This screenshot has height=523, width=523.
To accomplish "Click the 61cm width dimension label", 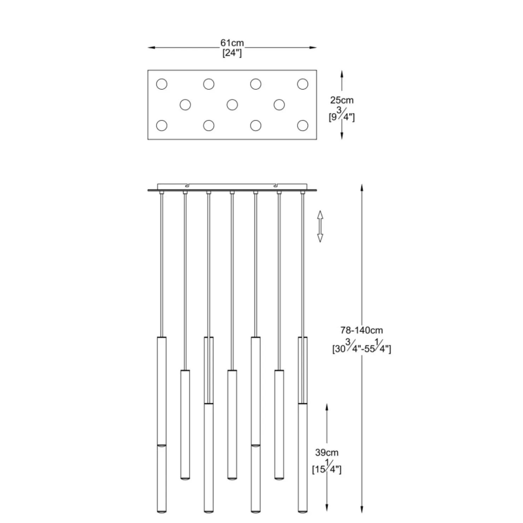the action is [x=232, y=43].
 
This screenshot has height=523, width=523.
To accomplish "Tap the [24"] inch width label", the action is [x=232, y=53].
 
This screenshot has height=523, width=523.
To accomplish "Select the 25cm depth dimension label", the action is [x=342, y=100].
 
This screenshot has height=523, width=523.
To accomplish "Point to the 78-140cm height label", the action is [x=362, y=330].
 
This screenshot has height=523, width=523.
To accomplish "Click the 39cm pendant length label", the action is [x=327, y=452].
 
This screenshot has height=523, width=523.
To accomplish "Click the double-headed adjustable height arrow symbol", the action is [x=320, y=226].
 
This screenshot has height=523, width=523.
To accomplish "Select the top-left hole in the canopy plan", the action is [x=161, y=84].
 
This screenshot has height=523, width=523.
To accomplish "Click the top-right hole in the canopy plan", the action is [x=302, y=84].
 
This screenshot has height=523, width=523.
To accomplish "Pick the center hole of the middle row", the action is [x=232, y=105].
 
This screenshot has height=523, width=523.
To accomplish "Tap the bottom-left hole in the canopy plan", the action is [x=161, y=125].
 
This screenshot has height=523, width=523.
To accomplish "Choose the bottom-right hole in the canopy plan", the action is [x=302, y=125].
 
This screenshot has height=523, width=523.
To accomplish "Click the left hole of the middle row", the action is [x=185, y=105].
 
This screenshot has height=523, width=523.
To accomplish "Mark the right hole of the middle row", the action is [x=279, y=105].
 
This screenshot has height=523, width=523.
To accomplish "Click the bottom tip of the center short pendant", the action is [x=232, y=479].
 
